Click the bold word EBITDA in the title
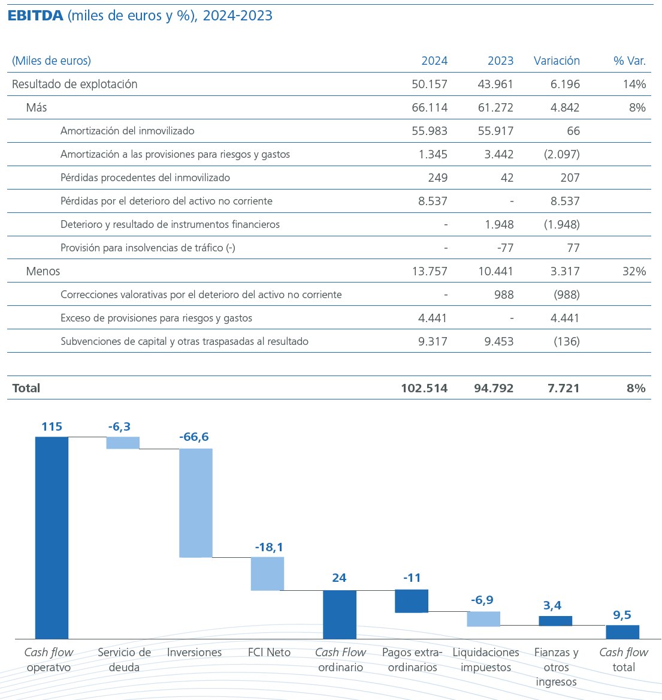pos(35,16)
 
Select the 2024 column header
pos(434,61)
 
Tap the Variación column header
pos(557,61)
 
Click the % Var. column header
pos(630,61)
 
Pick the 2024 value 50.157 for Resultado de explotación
pos(430,84)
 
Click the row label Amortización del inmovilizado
pos(127,131)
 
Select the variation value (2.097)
pos(561,154)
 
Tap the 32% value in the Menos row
pos(634,271)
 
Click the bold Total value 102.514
pos(424,388)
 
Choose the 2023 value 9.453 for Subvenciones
pos(495,341)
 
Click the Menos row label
pos(43,271)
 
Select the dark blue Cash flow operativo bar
pos(52,537)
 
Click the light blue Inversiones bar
pos(196,503)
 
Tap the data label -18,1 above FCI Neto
pos(269,547)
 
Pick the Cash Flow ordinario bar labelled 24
pos(340,614)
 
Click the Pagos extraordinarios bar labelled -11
pos(412,601)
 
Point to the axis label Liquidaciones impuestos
pos(485,660)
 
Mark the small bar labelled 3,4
pos(555,621)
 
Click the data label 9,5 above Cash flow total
pos(622,615)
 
